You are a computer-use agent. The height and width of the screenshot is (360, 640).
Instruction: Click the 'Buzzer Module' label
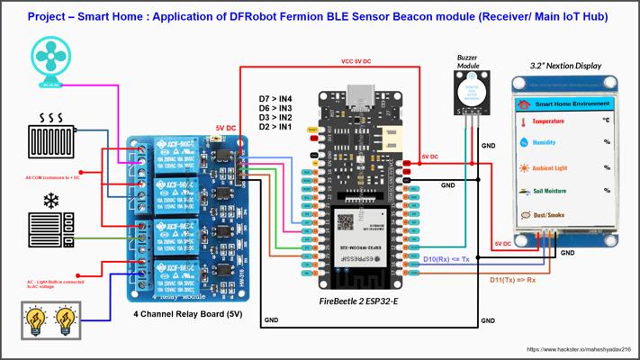(x=469, y=60)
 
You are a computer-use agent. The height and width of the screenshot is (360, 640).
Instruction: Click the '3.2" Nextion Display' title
(x=565, y=66)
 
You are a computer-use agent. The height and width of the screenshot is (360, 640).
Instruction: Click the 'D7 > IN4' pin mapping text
(x=275, y=97)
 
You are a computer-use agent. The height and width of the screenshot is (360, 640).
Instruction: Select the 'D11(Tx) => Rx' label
(x=513, y=280)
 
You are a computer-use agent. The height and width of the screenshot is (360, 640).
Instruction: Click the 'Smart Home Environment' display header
(x=568, y=103)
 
